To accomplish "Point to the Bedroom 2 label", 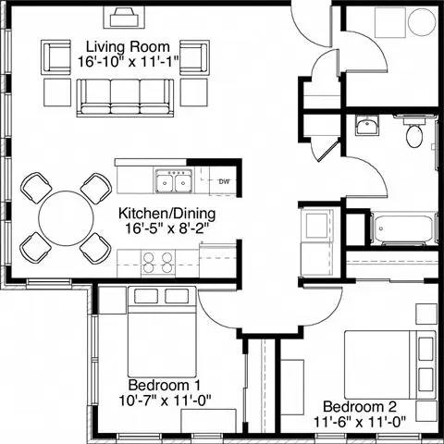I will coord(361,405).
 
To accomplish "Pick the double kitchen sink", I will coord(169,180).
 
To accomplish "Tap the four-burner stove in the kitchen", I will coord(156,264).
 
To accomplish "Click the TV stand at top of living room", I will coord(123,18).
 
